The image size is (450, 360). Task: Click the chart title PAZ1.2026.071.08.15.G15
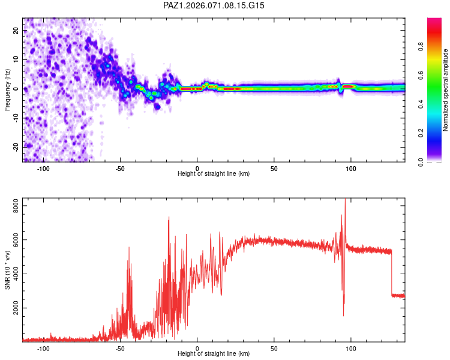(x=214, y=5)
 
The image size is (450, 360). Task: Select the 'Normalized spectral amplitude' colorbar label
(x=446, y=90)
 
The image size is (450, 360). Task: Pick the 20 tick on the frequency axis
(x=16, y=31)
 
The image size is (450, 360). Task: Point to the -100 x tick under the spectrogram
(x=43, y=168)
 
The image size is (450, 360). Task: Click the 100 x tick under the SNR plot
(x=351, y=348)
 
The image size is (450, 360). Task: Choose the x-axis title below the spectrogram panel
(x=214, y=174)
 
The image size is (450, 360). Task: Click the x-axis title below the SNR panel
(x=214, y=354)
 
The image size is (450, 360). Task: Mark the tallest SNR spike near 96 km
(x=345, y=200)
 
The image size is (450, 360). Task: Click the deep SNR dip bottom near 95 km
(x=344, y=316)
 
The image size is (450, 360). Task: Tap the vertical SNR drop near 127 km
(x=392, y=273)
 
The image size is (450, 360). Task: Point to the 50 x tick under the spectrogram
(x=274, y=168)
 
